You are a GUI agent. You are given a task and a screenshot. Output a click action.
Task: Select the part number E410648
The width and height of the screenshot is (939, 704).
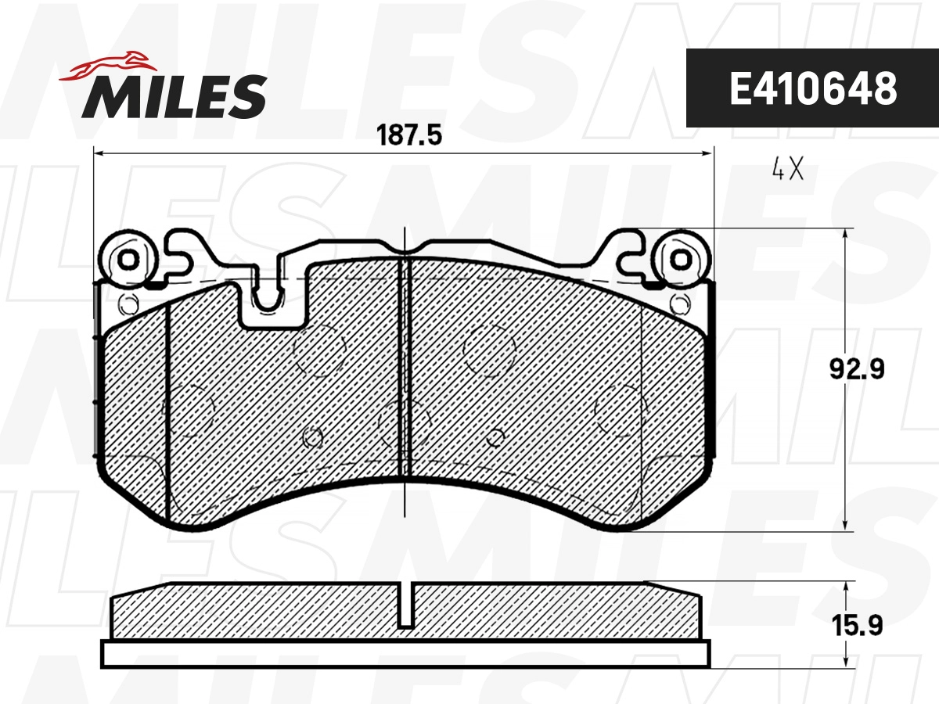coord(812,89)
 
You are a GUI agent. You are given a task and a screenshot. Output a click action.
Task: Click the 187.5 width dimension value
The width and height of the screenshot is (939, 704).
coord(409,135)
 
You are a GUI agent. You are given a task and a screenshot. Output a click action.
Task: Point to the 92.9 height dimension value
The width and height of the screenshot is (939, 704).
coord(857,368)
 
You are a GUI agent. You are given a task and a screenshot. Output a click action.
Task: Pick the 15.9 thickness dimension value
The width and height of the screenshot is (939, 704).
coord(857,626)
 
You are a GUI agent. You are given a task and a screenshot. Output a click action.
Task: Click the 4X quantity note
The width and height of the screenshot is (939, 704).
coord(787,170)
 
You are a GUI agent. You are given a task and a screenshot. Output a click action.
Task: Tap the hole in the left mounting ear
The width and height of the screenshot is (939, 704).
coord(127,258)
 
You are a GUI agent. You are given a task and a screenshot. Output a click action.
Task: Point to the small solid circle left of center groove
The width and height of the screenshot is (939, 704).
coord(313,438)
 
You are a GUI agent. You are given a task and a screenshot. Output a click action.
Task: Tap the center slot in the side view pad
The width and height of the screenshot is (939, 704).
coord(406,606)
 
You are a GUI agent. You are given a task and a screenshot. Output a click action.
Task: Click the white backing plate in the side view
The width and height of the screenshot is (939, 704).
coord(406,654)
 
